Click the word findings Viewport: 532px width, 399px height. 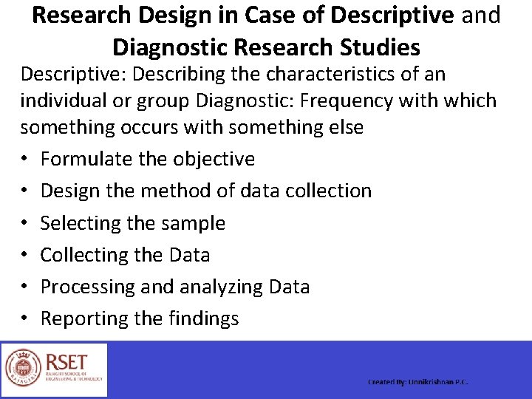pos(203,318)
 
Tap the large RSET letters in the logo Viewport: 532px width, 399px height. pos(66,361)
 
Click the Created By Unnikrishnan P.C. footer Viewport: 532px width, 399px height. pos(418,382)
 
